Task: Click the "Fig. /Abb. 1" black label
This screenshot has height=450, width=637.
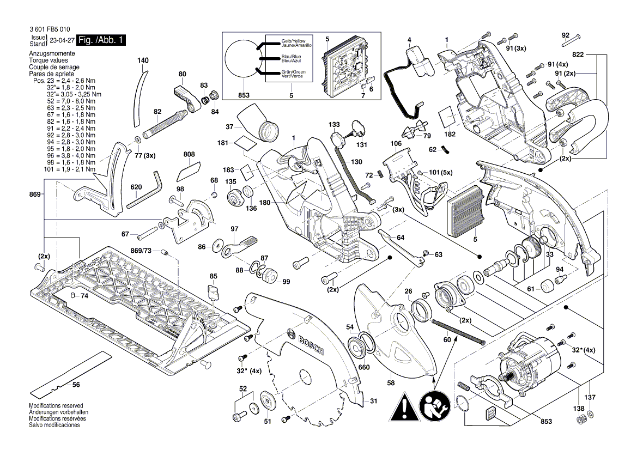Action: coord(102,40)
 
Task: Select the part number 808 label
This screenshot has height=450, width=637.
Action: coord(189,155)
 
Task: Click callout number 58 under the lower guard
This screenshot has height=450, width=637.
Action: coord(391,384)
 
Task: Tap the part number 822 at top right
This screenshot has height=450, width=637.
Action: coord(578,55)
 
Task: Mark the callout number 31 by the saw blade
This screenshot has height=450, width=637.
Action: coord(373,401)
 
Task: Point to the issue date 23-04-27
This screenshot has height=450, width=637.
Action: coord(62,41)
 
